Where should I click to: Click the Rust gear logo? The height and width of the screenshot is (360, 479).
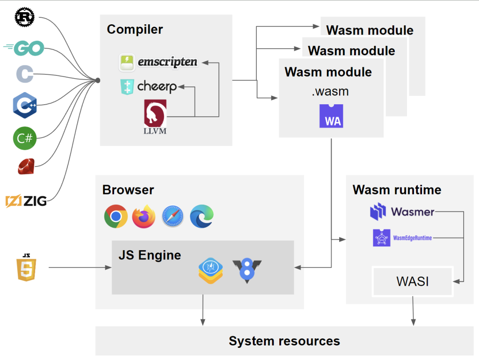[24, 17]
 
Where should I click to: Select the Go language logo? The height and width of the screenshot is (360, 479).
[24, 48]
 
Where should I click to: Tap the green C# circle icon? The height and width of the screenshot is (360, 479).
[24, 138]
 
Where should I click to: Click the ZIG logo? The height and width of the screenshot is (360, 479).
[26, 202]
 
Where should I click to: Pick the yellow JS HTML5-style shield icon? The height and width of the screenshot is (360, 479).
[26, 267]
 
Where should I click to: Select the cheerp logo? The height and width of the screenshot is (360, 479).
[149, 87]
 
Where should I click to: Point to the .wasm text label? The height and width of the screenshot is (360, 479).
[330, 92]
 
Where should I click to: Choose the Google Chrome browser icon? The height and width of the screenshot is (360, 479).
[116, 216]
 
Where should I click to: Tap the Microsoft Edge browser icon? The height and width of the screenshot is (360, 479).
[202, 216]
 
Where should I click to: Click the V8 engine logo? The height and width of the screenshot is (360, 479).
[247, 271]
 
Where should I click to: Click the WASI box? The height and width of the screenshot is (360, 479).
[412, 282]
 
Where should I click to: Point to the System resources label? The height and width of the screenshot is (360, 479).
[284, 341]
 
